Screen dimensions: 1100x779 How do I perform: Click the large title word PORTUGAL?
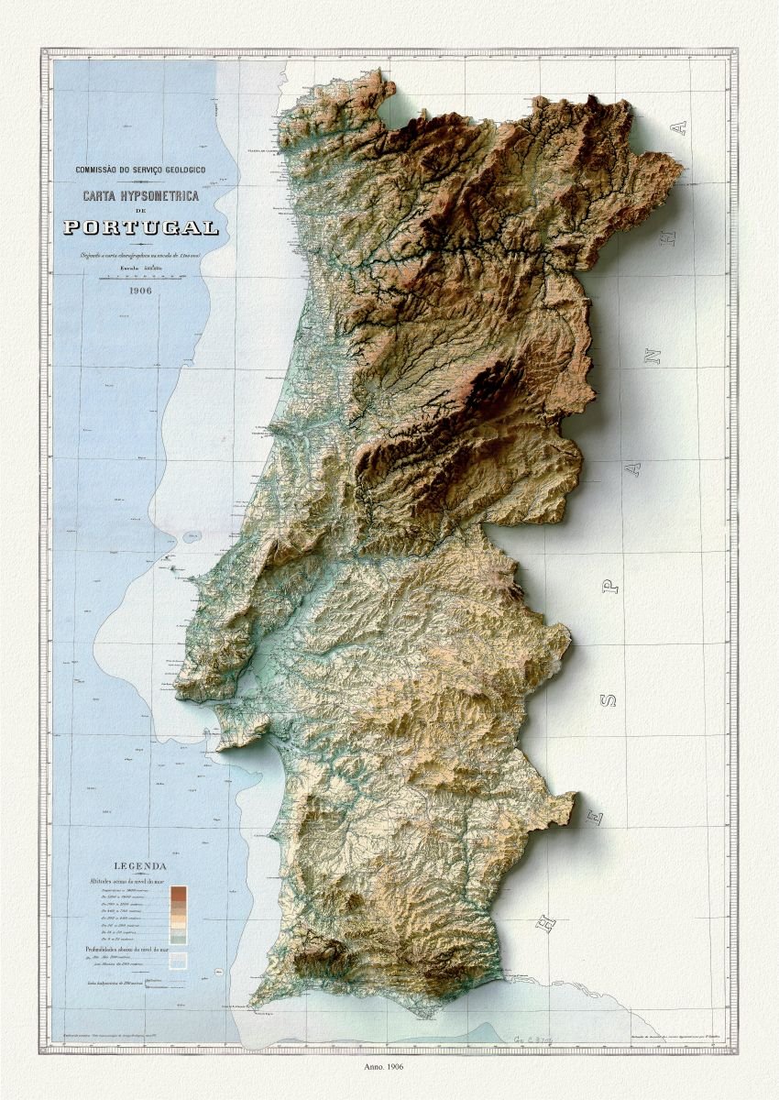point(140,227)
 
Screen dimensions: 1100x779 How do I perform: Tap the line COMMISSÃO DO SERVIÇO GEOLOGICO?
point(140,170)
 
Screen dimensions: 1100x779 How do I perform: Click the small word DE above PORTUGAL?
point(140,212)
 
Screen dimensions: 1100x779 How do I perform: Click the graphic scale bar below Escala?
point(140,278)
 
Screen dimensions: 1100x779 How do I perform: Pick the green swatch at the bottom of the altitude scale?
point(178,939)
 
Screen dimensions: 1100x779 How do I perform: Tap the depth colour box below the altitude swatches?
point(177,961)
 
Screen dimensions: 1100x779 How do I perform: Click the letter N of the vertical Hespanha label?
point(653,356)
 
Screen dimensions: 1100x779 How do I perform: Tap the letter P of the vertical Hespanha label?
point(611,583)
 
